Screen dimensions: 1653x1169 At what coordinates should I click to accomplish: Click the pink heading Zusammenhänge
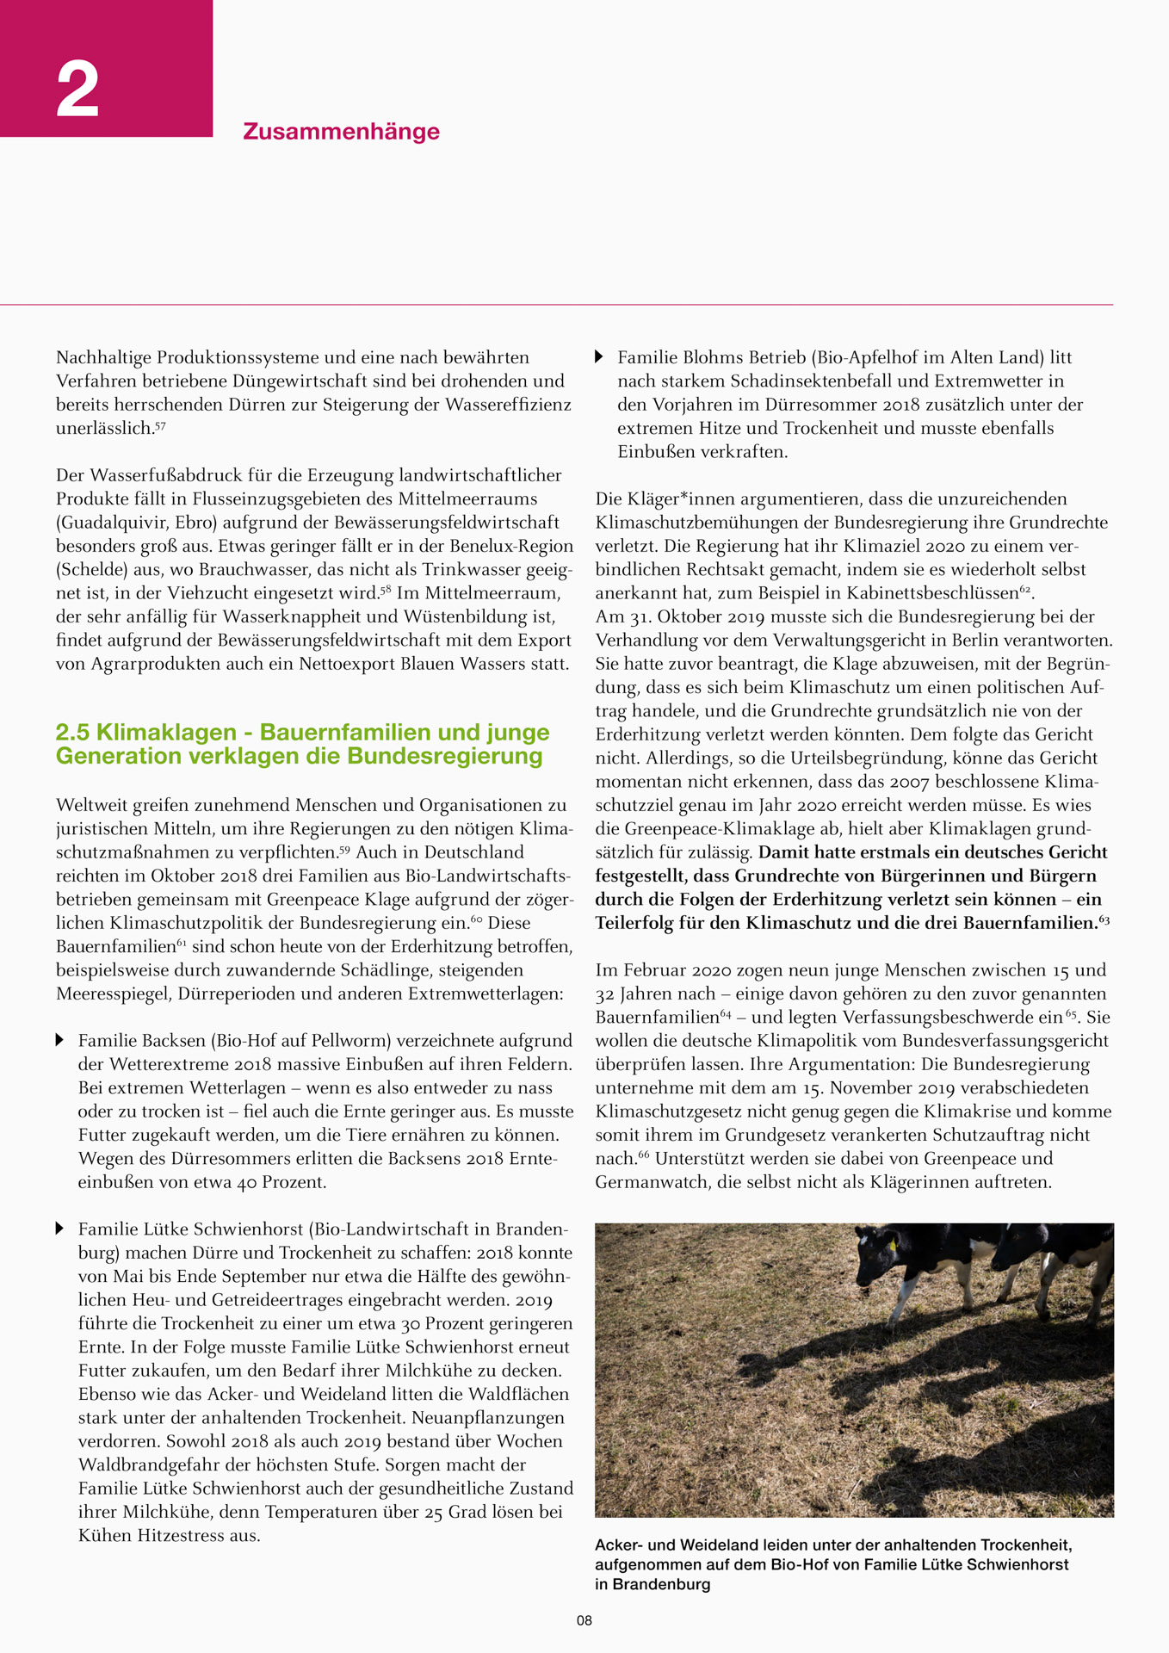click(341, 132)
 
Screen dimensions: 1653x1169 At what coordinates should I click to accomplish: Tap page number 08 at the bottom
click(584, 1620)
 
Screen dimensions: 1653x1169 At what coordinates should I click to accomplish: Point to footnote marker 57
click(159, 425)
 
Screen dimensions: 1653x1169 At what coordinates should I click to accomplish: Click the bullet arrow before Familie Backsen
click(60, 1040)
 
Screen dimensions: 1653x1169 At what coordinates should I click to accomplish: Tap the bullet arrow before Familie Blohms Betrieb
click(600, 356)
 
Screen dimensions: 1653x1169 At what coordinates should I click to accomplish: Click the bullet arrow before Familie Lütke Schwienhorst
click(60, 1229)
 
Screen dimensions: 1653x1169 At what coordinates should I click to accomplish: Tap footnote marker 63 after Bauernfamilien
click(1104, 920)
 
